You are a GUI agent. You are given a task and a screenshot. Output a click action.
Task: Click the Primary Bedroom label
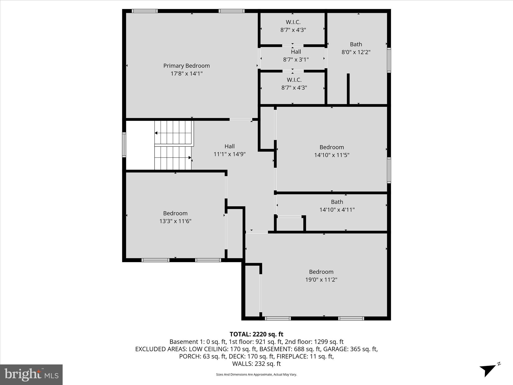point(186,66)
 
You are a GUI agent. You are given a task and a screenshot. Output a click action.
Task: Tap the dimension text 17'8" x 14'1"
point(186,74)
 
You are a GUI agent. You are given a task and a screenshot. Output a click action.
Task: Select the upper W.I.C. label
point(293,22)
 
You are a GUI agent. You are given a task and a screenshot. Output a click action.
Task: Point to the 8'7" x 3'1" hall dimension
point(296,60)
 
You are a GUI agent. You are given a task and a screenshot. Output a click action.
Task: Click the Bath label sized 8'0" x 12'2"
point(356,44)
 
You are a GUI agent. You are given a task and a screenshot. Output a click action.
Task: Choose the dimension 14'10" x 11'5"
point(332,155)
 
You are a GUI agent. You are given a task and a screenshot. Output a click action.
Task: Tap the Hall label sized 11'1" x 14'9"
point(229,146)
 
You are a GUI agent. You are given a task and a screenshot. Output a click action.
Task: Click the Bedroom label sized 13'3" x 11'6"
point(175,213)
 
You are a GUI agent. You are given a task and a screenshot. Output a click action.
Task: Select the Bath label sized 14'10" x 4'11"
point(337,202)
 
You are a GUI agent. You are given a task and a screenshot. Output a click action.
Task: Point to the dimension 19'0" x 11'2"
point(321,280)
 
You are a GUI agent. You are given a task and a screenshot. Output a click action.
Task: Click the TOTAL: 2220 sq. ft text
point(256,334)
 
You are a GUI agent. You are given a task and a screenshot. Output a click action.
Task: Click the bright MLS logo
point(31,374)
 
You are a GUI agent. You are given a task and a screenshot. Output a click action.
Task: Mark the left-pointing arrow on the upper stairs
point(156,133)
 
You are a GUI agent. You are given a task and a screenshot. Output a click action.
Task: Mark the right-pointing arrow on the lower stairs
point(190,158)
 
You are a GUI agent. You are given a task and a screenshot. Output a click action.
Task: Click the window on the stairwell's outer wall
point(124,145)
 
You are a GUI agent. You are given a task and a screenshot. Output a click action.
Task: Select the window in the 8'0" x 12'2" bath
point(389,60)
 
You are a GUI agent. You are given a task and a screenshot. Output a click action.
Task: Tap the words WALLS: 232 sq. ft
point(256,364)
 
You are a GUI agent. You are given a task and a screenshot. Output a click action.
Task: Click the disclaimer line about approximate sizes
point(256,374)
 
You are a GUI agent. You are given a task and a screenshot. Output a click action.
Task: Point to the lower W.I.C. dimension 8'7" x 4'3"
point(294,88)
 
